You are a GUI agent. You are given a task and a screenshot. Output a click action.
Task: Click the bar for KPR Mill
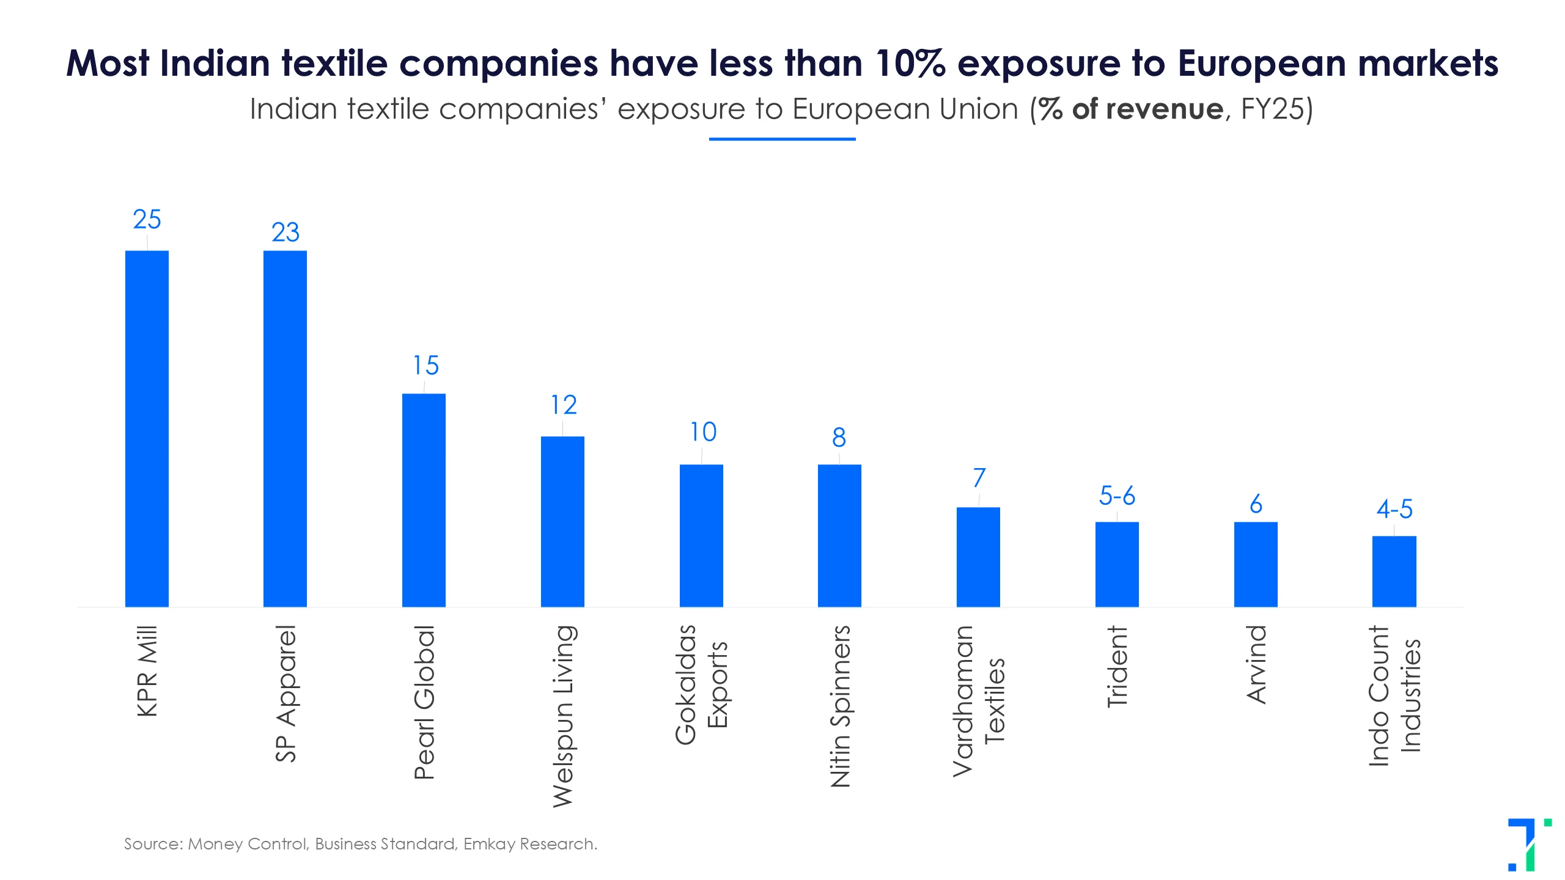click(x=147, y=428)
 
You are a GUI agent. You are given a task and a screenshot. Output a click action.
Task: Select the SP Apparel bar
click(x=285, y=428)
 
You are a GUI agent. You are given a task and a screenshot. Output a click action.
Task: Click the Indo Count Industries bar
click(x=1394, y=571)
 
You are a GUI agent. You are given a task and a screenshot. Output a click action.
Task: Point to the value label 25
click(x=147, y=219)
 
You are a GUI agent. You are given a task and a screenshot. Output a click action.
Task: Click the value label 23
click(x=285, y=232)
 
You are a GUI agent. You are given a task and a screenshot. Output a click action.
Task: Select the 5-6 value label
click(x=1117, y=496)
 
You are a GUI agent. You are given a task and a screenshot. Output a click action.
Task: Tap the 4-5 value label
click(x=1394, y=509)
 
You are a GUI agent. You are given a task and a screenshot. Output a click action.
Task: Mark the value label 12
click(x=563, y=405)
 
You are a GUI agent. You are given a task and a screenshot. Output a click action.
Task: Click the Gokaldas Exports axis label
click(x=701, y=684)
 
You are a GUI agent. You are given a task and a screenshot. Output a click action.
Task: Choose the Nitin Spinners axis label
click(x=840, y=706)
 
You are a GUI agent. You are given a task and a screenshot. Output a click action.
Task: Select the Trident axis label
click(x=1117, y=667)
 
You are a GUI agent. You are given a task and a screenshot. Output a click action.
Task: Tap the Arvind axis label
click(x=1256, y=664)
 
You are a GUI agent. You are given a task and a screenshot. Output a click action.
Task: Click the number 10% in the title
click(x=910, y=64)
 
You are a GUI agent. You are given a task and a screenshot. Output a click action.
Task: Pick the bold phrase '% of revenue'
click(x=1131, y=109)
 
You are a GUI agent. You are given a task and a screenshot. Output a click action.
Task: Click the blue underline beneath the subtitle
click(x=782, y=139)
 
